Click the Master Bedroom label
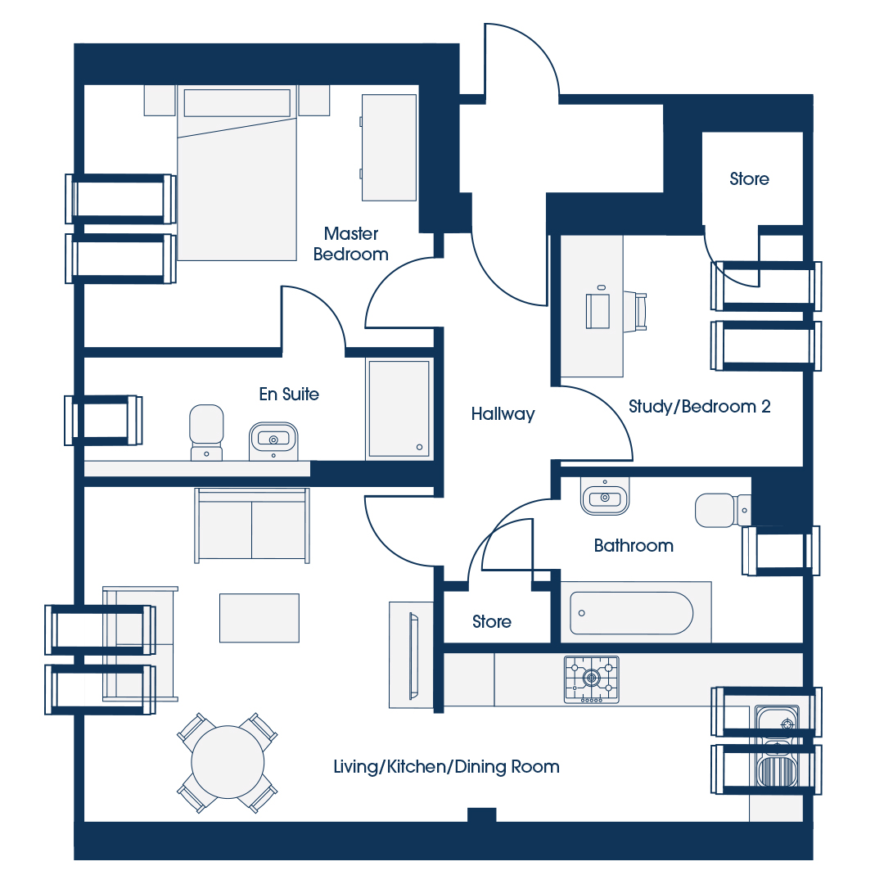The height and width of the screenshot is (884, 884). point(350,244)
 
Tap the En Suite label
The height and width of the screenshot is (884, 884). point(289,394)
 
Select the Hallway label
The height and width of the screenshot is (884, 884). point(503,414)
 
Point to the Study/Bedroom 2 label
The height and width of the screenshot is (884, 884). point(699,407)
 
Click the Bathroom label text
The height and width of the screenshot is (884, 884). point(634,545)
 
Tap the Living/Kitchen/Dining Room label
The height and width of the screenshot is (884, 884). point(447,767)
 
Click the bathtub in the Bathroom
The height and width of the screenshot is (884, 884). point(631,613)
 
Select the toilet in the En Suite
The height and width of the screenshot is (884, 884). point(206,432)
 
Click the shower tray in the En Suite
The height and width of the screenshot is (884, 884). point(399,409)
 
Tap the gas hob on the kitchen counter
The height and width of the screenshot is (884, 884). point(592,679)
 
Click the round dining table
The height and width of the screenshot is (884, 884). point(228,762)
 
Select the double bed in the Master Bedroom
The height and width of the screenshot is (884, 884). point(237,173)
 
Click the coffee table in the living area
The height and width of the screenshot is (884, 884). point(259,618)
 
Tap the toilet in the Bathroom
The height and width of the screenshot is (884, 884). point(723,510)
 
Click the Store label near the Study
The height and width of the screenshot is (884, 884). point(749,178)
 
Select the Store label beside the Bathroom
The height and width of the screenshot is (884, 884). point(492,621)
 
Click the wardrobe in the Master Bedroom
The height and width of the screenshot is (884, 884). point(389,147)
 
